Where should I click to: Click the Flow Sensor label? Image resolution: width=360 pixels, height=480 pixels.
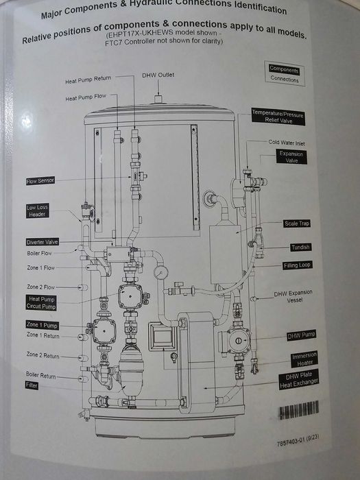coord(40,181)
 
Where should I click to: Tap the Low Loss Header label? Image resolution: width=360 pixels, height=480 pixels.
coord(37,211)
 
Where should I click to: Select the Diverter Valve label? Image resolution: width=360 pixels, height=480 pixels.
coord(43,242)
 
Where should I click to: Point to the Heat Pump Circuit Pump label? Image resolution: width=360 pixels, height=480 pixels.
coord(41,302)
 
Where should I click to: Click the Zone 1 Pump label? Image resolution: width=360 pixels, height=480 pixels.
coord(42,325)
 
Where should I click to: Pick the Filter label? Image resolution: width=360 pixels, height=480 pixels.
coord(32,385)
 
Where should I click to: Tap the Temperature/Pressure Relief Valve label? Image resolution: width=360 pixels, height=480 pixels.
coord(278,117)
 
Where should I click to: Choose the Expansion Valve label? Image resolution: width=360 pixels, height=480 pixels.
coord(291,157)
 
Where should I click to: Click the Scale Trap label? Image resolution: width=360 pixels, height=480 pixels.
coord(297,224)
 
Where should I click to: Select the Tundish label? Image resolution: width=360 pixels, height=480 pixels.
coord(300,247)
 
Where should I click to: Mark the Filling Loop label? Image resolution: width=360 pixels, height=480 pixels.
coord(297,265)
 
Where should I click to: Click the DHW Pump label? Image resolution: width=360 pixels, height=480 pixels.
coord(301,335)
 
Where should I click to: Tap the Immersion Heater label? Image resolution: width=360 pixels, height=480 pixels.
coord(304,359)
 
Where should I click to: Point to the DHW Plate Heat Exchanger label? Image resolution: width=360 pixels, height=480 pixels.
coord(299,380)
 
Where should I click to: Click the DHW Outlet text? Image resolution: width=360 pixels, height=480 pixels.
coord(158,75)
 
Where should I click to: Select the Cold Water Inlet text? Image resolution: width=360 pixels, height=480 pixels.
coord(287,143)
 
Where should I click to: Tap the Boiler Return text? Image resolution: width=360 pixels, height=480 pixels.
coord(40,375)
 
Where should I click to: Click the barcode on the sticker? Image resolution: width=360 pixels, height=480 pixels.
coord(299,409)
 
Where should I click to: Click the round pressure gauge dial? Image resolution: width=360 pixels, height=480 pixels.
coord(161,272)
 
